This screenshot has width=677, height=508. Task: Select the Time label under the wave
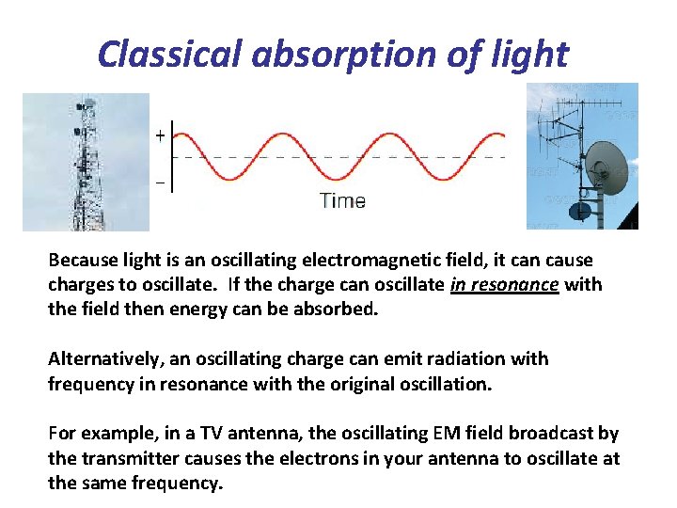tap(342, 200)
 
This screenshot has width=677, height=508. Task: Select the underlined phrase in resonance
tap(505, 284)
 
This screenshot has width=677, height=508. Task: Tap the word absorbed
tap(338, 309)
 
